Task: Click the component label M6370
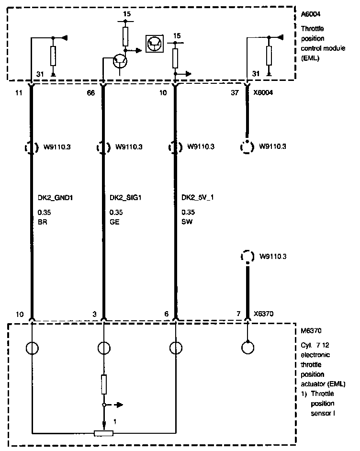[x=311, y=330]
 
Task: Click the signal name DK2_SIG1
[x=126, y=197]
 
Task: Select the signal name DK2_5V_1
[x=198, y=197]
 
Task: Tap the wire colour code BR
[x=42, y=222]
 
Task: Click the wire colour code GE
[x=113, y=222]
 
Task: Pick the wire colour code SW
[x=187, y=222]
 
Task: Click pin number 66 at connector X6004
[x=90, y=93]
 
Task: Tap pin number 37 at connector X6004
[x=235, y=93]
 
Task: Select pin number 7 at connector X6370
[x=238, y=314]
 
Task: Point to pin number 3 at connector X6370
[x=95, y=314]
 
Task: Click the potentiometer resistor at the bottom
[x=103, y=433]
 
